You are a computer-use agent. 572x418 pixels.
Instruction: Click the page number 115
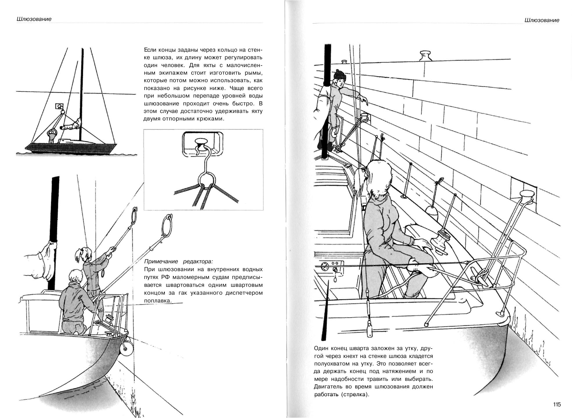click(557, 404)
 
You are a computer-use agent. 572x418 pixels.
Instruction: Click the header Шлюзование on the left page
click(34, 19)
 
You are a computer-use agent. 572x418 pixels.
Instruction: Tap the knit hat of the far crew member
click(340, 75)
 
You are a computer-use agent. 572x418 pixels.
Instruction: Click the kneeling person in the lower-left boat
click(73, 302)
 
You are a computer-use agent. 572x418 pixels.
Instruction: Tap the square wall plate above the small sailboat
click(59, 106)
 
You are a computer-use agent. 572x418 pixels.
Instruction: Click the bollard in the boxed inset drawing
click(201, 143)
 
